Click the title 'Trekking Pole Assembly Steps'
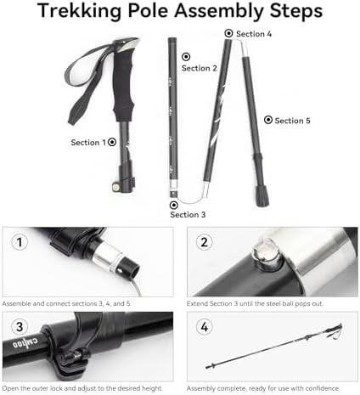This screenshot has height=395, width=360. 180,11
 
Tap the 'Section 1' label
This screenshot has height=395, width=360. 88,143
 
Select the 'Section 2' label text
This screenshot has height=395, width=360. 200,68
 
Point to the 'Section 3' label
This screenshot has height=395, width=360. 188,215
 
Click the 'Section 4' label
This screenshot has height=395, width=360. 254,34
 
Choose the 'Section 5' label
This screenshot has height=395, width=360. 292,121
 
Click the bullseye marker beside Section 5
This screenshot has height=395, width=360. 268,120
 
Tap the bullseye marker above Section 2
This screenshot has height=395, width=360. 186,57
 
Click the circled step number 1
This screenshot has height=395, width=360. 20,242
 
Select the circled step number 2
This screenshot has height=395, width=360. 204,242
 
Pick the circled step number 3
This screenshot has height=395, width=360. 20,327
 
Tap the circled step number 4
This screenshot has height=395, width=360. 204,327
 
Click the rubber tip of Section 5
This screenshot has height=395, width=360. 262,196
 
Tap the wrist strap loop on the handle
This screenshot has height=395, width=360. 86,82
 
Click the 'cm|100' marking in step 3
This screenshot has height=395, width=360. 25,343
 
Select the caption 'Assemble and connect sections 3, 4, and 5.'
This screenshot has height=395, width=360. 67,303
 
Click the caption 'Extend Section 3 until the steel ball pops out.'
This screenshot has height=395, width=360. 255,303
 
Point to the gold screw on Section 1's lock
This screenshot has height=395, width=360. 115,187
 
